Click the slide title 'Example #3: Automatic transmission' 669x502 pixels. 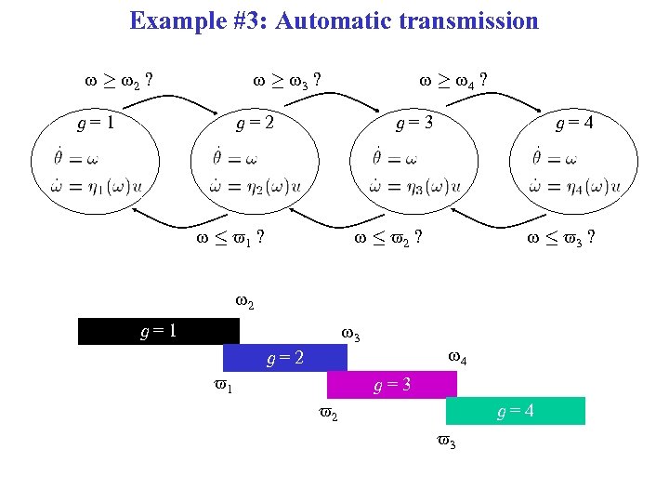point(334,20)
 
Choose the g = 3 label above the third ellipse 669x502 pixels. point(413,122)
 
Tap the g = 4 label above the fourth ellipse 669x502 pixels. point(573,122)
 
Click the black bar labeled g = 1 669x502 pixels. point(159,331)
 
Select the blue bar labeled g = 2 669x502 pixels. point(284,358)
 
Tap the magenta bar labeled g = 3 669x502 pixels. point(392,384)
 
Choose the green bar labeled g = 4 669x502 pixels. point(515,410)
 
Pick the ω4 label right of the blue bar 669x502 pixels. point(457,357)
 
